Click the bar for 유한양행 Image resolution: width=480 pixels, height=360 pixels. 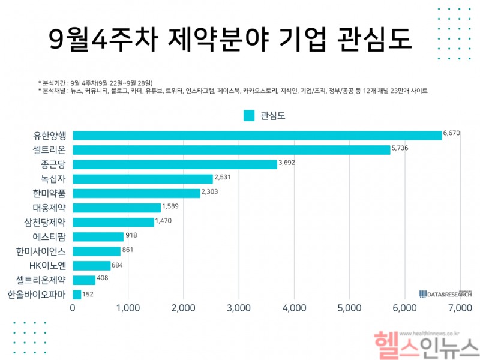point(257,136)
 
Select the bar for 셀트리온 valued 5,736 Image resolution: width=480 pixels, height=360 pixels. point(231,150)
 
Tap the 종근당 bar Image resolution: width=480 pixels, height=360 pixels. point(175,164)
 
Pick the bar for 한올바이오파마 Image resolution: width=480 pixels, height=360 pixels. point(77,295)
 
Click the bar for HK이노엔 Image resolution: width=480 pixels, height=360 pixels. point(91,266)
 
